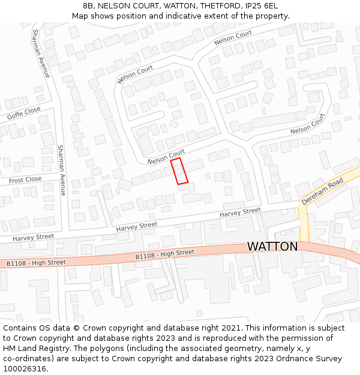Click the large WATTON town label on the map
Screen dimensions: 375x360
(272, 247)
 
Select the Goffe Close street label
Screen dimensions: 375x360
(24, 113)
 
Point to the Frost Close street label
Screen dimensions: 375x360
(25, 179)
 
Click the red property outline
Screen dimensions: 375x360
(179, 171)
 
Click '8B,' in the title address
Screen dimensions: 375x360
(89, 6)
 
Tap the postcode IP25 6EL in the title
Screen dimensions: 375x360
(258, 6)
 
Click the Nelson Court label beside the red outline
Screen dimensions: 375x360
(166, 157)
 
